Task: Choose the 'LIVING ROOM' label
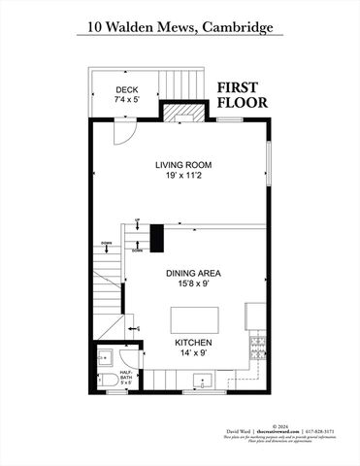pyautogui.click(x=181, y=164)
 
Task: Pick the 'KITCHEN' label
pyautogui.click(x=193, y=343)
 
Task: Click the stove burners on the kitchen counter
pyautogui.click(x=256, y=346)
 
